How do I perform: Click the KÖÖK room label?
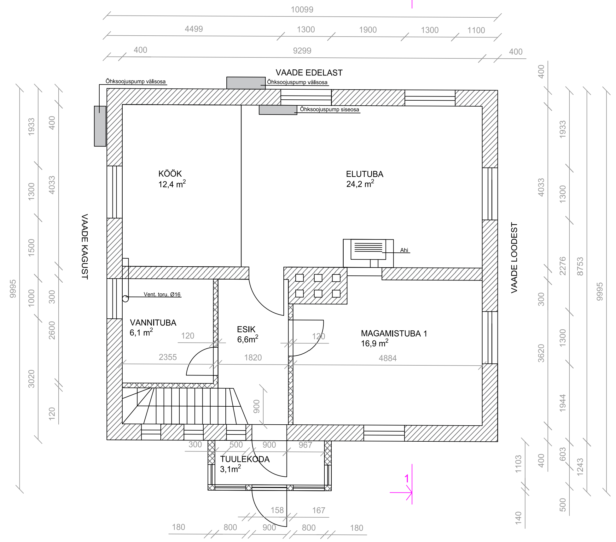(170, 174)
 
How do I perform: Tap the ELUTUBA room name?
(365, 174)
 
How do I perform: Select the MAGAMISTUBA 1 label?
(394, 333)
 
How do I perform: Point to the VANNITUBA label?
(153, 323)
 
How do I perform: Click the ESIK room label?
(246, 329)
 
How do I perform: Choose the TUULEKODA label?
(245, 459)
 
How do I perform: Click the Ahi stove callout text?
(404, 250)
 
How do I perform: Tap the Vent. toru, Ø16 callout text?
(162, 294)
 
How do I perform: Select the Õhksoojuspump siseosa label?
(329, 109)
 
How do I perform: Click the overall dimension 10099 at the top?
(302, 9)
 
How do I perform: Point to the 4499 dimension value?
(194, 29)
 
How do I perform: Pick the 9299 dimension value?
(302, 51)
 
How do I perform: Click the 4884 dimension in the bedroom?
(388, 358)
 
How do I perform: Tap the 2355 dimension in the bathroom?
(168, 357)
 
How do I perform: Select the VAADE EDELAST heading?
(309, 73)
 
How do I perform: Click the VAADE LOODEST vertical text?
(514, 258)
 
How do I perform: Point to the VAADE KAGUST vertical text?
(84, 247)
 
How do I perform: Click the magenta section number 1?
(407, 479)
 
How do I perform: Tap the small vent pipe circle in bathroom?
(125, 298)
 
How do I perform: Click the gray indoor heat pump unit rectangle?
(278, 110)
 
